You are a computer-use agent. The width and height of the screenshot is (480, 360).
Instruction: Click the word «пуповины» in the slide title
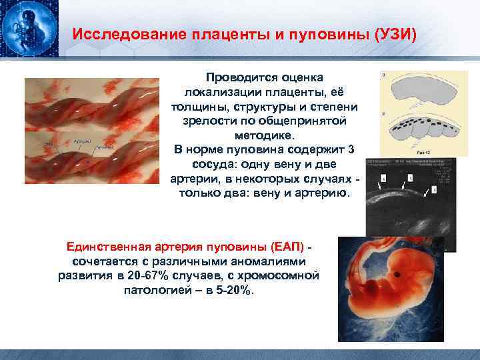pos(314,33)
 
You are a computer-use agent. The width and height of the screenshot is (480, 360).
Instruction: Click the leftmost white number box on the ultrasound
pos(384,179)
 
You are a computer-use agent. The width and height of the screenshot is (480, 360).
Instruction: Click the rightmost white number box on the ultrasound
pos(434,189)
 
